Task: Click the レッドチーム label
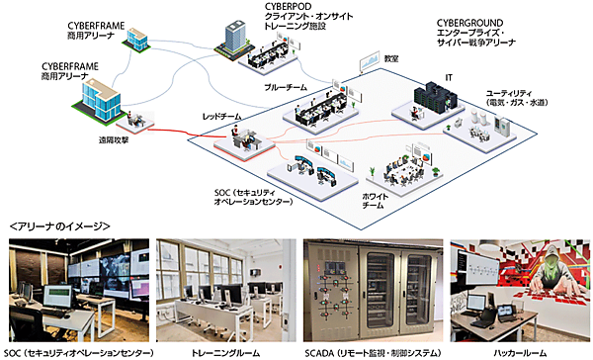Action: [x=221, y=115]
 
